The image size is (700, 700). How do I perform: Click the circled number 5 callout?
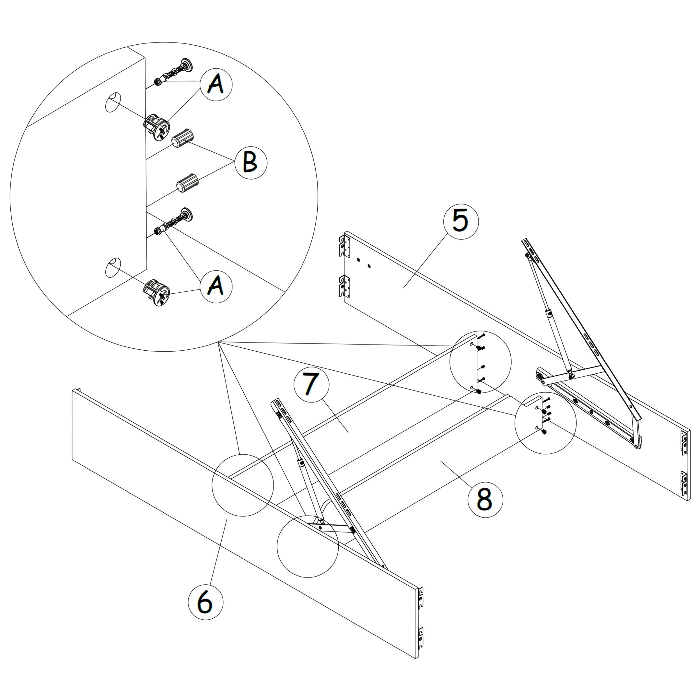click(461, 221)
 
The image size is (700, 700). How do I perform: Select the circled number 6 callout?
click(205, 602)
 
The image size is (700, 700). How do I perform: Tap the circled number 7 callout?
click(311, 384)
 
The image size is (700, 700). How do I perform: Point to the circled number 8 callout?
click(485, 500)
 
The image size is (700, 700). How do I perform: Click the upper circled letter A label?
click(216, 85)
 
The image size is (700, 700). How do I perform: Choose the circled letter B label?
click(251, 163)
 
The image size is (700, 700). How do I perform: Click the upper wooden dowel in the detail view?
click(183, 138)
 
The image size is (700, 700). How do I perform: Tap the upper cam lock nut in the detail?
click(157, 127)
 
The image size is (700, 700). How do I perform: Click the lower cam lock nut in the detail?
click(157, 292)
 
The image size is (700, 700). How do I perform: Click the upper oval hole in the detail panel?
click(113, 102)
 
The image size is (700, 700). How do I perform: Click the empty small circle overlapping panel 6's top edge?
click(242, 485)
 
